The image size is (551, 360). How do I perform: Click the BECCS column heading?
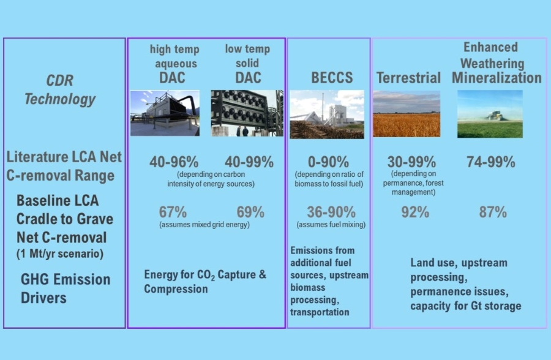332,78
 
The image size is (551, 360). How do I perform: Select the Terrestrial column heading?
408,78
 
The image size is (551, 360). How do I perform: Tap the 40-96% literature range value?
174,162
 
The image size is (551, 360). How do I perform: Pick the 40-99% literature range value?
249,162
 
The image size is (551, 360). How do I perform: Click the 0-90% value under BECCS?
329,162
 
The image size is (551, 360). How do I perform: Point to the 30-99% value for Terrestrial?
411,162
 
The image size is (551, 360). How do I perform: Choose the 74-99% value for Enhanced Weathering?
491,162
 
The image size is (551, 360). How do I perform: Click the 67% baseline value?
173,212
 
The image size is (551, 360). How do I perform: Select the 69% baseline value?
250,212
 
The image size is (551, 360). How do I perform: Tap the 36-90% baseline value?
331,212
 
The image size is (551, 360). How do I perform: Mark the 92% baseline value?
415,212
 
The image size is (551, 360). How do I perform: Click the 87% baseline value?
493,212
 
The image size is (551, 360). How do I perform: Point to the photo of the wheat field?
407,114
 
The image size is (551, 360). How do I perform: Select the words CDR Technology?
60,90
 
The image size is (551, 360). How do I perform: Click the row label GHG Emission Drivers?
66,288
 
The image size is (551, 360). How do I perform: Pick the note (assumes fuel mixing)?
331,225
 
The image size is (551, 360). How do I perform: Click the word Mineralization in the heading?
497,78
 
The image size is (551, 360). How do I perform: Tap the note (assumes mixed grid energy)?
204,225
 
